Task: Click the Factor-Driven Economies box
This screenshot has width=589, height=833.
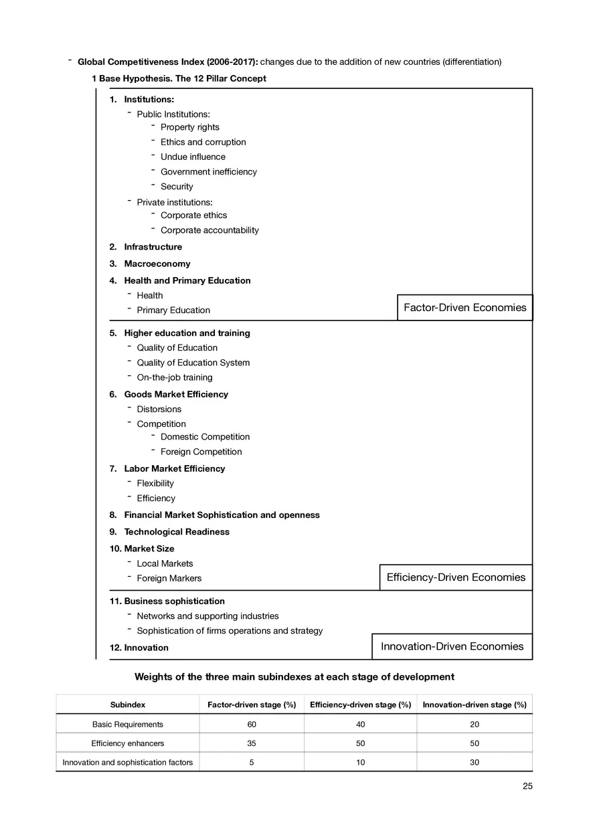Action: click(x=465, y=308)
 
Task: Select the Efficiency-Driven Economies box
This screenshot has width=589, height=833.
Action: click(x=456, y=577)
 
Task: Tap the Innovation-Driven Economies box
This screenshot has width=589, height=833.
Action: click(x=452, y=646)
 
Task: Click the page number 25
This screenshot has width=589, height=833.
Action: click(x=527, y=786)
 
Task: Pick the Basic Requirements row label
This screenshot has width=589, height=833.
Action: click(x=127, y=725)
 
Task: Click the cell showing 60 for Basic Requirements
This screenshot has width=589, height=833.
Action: click(x=251, y=725)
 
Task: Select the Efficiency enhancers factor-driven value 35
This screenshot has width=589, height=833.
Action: click(x=251, y=743)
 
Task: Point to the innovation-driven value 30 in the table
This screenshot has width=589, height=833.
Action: click(x=475, y=762)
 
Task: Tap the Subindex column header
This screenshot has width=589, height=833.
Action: click(x=127, y=705)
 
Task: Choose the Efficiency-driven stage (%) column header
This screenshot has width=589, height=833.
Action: click(x=361, y=705)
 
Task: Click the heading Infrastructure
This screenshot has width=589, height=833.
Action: click(x=153, y=247)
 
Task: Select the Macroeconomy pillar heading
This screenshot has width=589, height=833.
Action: click(x=157, y=264)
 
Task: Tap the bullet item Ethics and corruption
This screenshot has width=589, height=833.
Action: click(x=203, y=142)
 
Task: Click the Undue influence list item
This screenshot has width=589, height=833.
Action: click(x=193, y=157)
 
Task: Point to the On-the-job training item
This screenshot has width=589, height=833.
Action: click(x=174, y=377)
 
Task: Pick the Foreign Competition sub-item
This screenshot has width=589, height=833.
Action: click(x=201, y=452)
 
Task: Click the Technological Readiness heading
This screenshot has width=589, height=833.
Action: click(x=176, y=532)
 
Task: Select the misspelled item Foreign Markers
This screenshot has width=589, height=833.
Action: click(x=169, y=578)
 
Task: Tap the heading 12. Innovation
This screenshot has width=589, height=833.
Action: click(x=139, y=648)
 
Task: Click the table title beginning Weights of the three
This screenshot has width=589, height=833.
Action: click(x=294, y=677)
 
